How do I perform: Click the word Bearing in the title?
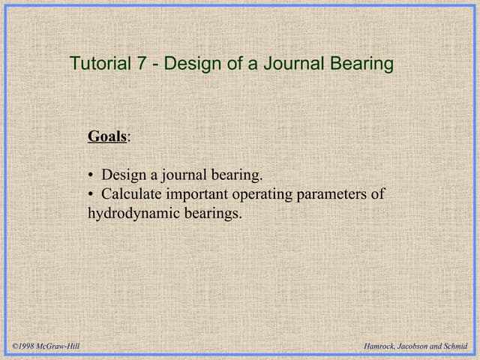361,64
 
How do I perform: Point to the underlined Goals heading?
107,136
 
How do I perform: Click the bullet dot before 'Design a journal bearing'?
91,175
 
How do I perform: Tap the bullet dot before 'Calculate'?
91,194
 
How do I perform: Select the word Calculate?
132,194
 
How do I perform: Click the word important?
198,194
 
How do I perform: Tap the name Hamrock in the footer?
379,346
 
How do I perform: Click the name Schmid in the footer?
456,346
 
